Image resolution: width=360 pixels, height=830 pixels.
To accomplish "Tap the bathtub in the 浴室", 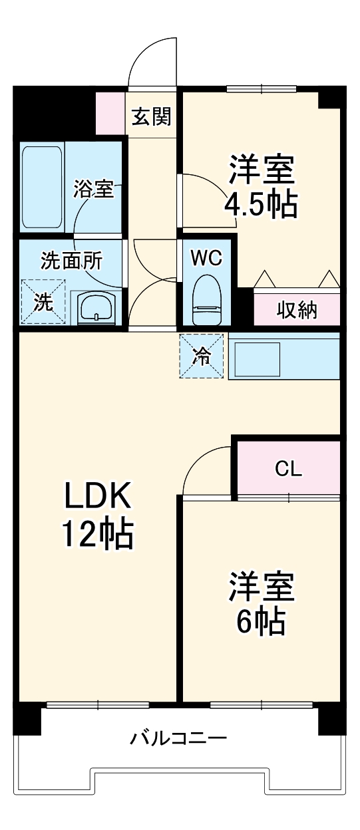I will tap(43, 187).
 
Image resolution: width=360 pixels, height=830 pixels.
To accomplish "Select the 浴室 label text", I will tap(93, 189).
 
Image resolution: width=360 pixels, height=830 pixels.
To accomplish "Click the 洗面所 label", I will tap(71, 261).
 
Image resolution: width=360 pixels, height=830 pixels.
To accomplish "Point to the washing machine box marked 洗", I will tap(43, 303).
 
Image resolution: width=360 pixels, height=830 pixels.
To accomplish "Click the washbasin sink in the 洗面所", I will tap(97, 307).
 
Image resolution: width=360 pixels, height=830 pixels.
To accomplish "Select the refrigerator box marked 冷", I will tap(200, 356).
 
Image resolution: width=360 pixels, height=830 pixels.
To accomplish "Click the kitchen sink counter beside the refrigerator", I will tap(283, 356).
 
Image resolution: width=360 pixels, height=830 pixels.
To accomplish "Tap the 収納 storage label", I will tap(297, 311).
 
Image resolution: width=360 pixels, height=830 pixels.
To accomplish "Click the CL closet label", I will tap(289, 469).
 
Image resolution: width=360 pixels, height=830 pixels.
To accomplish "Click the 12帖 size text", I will tap(98, 533).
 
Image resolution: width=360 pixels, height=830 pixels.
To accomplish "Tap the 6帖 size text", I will tap(261, 622).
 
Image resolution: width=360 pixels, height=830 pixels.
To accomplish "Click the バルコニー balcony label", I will tap(178, 738).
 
